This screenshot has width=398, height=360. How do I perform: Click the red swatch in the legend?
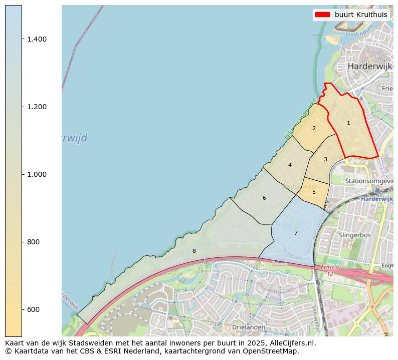(x=322, y=15)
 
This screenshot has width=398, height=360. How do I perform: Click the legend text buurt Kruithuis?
(x=361, y=15)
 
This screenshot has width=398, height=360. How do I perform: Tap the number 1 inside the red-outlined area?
(x=348, y=123)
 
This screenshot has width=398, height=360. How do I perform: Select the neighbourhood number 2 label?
(x=314, y=128)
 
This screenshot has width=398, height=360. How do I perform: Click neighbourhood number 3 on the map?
(x=325, y=160)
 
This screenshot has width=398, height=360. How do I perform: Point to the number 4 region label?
(x=290, y=165)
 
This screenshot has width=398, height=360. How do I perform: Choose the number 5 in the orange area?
(x=314, y=192)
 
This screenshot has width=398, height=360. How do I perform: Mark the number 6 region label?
(x=264, y=198)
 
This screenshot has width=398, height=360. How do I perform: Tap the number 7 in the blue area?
(x=296, y=233)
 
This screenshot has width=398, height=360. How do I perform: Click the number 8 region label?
(x=194, y=251)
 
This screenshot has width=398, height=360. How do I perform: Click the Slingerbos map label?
(x=354, y=234)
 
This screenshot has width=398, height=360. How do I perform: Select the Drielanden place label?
(x=249, y=327)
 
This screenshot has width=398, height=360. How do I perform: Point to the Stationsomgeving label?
(x=368, y=180)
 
